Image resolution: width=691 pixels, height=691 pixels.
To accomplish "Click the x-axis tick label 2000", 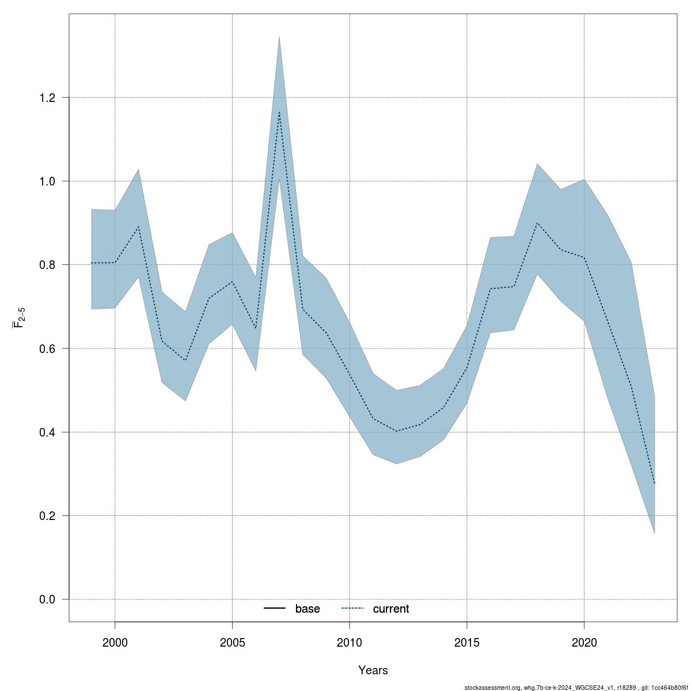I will [x=115, y=642].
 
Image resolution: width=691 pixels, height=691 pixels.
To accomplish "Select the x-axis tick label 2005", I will [x=232, y=642].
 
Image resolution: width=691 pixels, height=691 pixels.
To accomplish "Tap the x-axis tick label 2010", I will [x=350, y=642].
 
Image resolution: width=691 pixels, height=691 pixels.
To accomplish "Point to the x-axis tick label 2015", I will [x=467, y=642].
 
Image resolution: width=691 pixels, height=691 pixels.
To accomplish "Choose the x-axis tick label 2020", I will [x=584, y=642].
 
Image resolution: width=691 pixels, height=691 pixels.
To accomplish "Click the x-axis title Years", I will [x=373, y=670].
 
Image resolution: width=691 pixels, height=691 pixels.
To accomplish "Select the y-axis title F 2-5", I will [x=19, y=318].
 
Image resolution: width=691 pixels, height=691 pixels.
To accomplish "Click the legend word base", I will [x=307, y=609].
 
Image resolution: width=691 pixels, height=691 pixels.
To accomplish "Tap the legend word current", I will [x=391, y=609].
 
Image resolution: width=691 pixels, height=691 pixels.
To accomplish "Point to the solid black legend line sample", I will [x=275, y=609].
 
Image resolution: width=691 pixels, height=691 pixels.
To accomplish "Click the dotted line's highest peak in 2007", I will [x=279, y=112].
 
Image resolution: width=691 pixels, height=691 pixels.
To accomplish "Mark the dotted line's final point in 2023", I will [x=655, y=483].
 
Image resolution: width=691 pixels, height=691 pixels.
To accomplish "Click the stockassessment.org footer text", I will [x=576, y=687].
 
